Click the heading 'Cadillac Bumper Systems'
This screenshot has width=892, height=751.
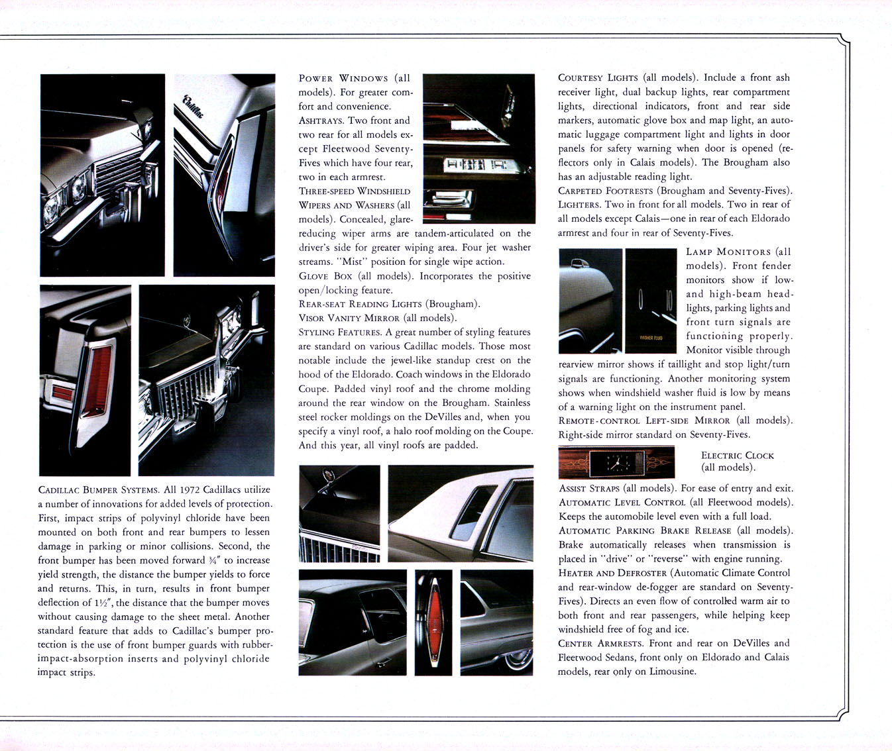98,490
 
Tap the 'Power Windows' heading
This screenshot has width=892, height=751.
343,78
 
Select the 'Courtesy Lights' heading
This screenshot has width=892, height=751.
598,77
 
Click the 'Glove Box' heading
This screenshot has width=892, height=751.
325,276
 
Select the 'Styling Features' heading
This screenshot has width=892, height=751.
339,332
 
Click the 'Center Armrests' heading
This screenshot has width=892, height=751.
600,643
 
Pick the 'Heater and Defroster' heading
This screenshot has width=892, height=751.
612,573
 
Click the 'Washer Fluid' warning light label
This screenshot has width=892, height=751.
650,338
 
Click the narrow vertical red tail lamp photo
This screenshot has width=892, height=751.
433,622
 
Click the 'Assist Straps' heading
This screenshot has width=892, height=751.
588,489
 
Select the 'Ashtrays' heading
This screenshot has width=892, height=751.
321,121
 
